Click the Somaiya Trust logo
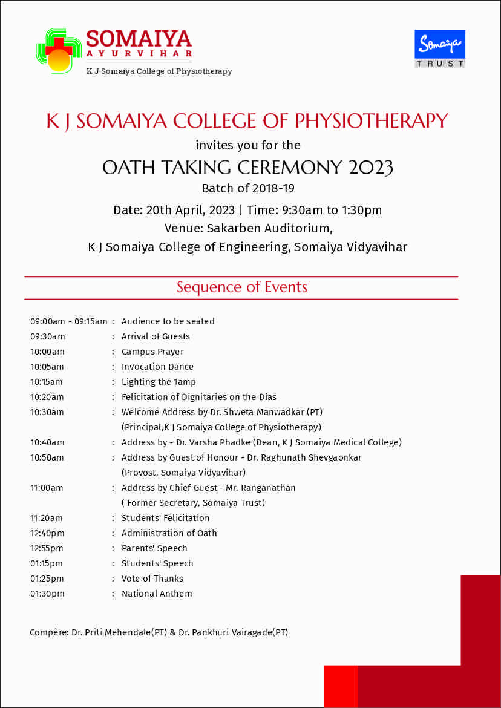(x=440, y=48)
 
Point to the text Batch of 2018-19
(x=248, y=188)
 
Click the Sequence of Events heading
(x=241, y=287)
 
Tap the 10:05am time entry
(x=47, y=367)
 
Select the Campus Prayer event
(x=152, y=352)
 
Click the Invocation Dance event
(x=157, y=367)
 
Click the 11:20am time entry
(x=47, y=518)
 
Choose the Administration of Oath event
(x=169, y=533)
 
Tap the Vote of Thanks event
(x=152, y=579)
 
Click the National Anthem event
(x=157, y=594)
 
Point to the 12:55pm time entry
(x=47, y=548)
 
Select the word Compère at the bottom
(x=48, y=633)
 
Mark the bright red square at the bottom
(x=341, y=686)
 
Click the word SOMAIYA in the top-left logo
(x=139, y=39)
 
